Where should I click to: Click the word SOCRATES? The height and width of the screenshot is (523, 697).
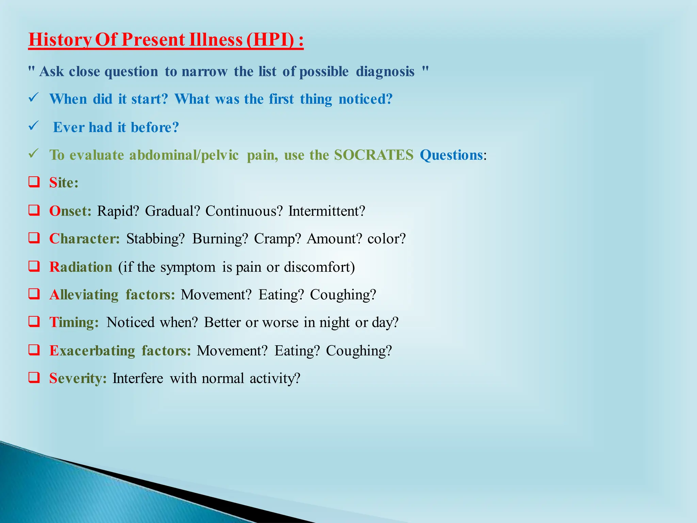click(373, 155)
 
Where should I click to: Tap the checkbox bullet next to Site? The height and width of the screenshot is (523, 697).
click(34, 182)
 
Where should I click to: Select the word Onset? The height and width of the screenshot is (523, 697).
click(70, 211)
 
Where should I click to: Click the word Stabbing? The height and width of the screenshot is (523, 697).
click(156, 239)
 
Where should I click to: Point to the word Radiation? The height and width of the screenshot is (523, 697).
click(81, 267)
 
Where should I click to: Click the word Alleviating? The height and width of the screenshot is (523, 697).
click(84, 295)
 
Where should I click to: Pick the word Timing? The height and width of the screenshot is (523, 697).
click(74, 322)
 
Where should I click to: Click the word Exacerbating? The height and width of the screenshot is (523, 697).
click(92, 351)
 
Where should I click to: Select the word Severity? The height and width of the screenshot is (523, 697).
click(78, 379)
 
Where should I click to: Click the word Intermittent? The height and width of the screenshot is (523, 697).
click(327, 211)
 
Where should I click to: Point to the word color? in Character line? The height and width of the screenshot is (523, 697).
click(387, 239)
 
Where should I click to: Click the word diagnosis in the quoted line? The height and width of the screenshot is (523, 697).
click(385, 72)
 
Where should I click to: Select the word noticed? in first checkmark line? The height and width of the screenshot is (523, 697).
click(366, 99)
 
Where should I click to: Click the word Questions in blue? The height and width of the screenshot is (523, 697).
click(451, 155)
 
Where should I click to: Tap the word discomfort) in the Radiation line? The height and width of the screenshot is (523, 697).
click(319, 267)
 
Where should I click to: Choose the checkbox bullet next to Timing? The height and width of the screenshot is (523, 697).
click(34, 321)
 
